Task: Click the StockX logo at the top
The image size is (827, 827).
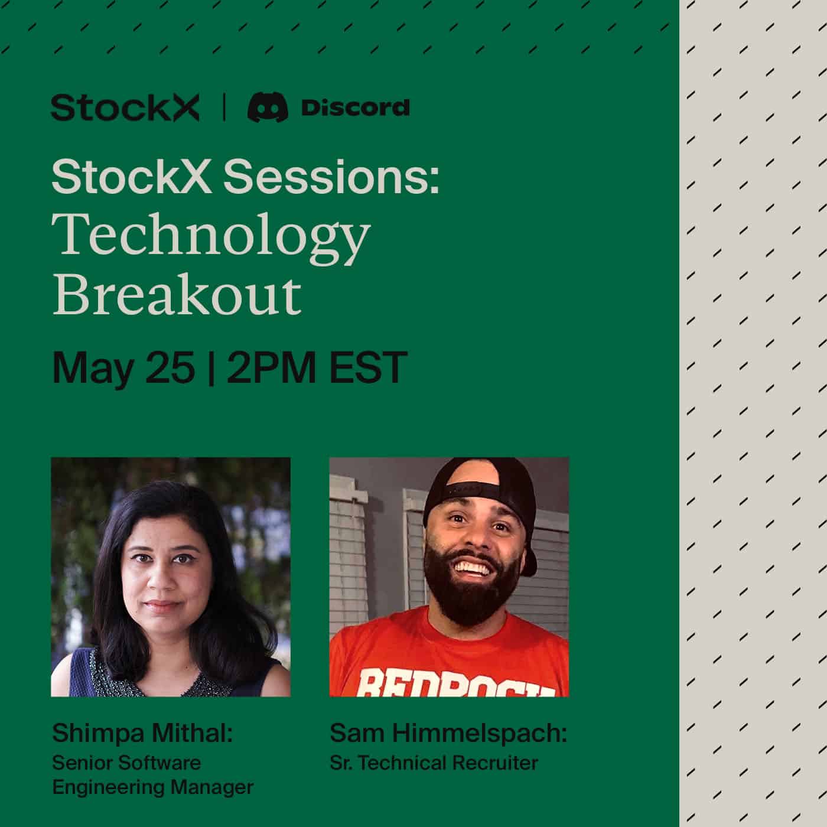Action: point(125,108)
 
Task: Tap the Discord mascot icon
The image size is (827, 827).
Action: point(268,108)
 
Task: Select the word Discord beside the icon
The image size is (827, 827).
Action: point(355,108)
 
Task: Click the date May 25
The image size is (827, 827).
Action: point(123,367)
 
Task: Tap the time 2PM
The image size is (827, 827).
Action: point(271,367)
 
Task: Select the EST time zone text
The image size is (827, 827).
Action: point(367,367)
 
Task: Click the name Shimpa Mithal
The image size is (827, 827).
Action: point(142,733)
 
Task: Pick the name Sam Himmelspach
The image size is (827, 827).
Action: point(448,733)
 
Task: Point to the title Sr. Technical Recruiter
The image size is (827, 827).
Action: point(434,763)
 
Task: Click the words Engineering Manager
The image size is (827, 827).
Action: point(152,787)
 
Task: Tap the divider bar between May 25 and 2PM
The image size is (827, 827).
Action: point(211,367)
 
